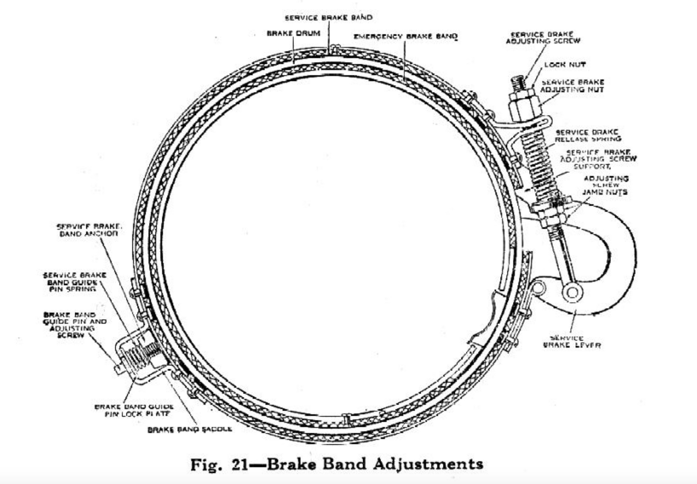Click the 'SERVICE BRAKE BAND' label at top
(328, 17)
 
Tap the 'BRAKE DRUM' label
(293, 33)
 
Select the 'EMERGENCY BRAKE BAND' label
(405, 36)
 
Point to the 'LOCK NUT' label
(565, 65)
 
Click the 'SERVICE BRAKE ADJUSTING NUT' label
(572, 86)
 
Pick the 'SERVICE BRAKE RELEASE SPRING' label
(588, 135)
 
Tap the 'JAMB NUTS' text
(605, 192)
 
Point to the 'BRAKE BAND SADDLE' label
(190, 429)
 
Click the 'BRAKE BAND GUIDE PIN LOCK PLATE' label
(134, 410)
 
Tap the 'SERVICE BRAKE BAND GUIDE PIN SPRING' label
(74, 282)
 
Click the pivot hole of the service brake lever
(572, 293)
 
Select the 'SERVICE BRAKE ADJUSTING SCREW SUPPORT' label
(598, 159)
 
